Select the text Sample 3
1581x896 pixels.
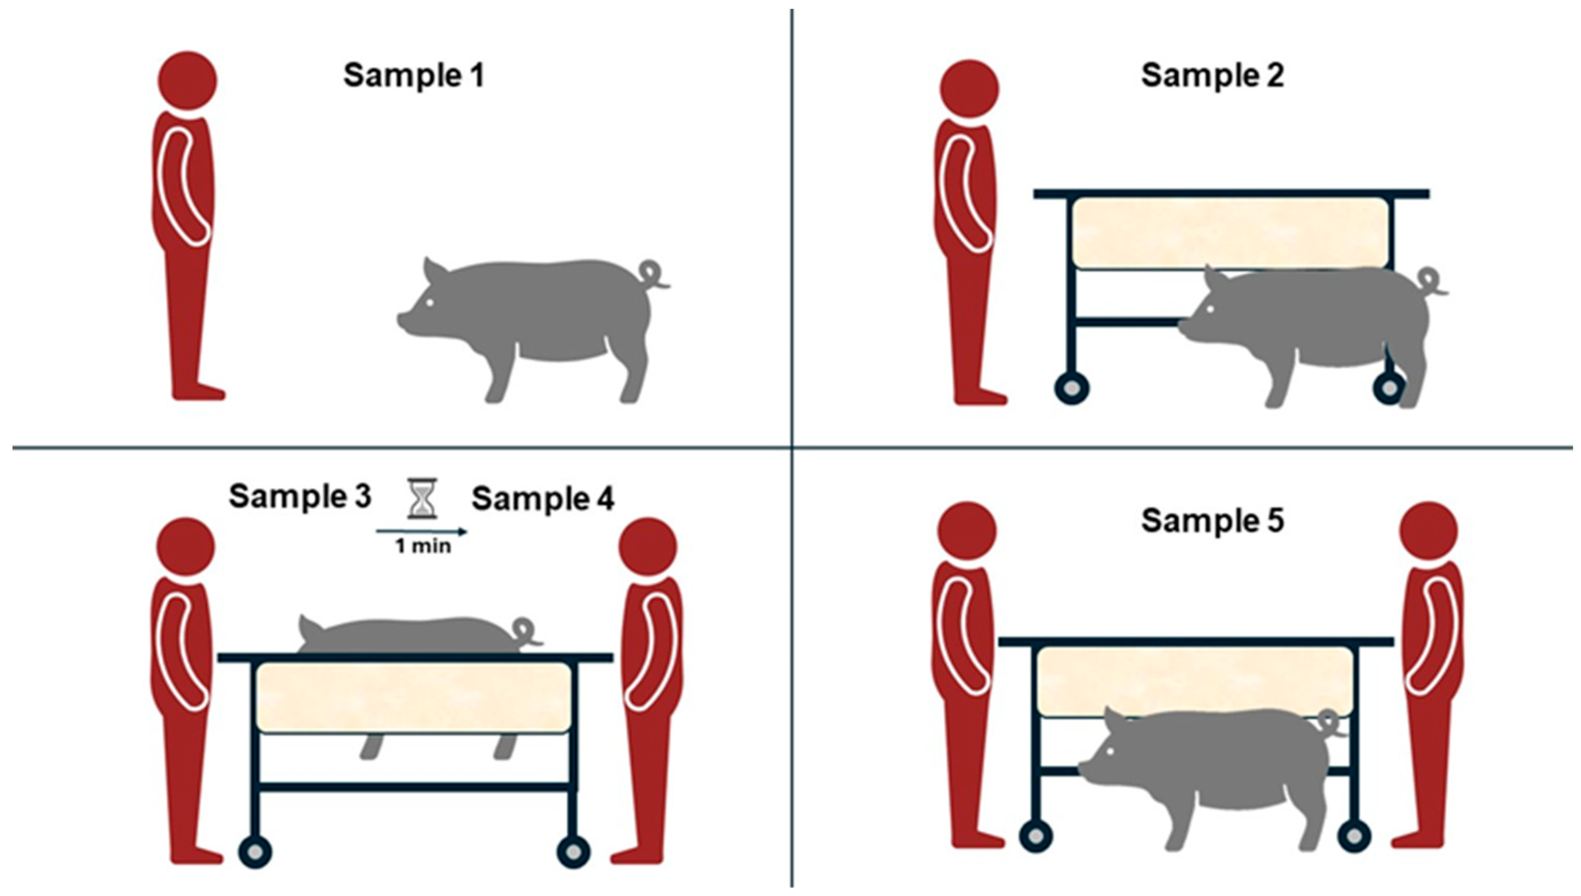coord(300,496)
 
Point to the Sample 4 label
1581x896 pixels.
coord(543,498)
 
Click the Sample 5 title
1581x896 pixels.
coord(1213,521)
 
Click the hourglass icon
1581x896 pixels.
coord(423,498)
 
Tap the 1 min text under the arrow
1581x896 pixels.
coord(423,547)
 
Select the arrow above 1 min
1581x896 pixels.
coord(422,531)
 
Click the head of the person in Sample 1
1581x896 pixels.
coord(188,81)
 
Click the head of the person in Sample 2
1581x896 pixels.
coord(970,89)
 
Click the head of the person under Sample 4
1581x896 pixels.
coord(648,547)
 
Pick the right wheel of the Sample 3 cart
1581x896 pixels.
coord(574,852)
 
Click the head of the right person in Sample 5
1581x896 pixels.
coord(1429,531)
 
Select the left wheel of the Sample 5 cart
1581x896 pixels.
coord(1036,836)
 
